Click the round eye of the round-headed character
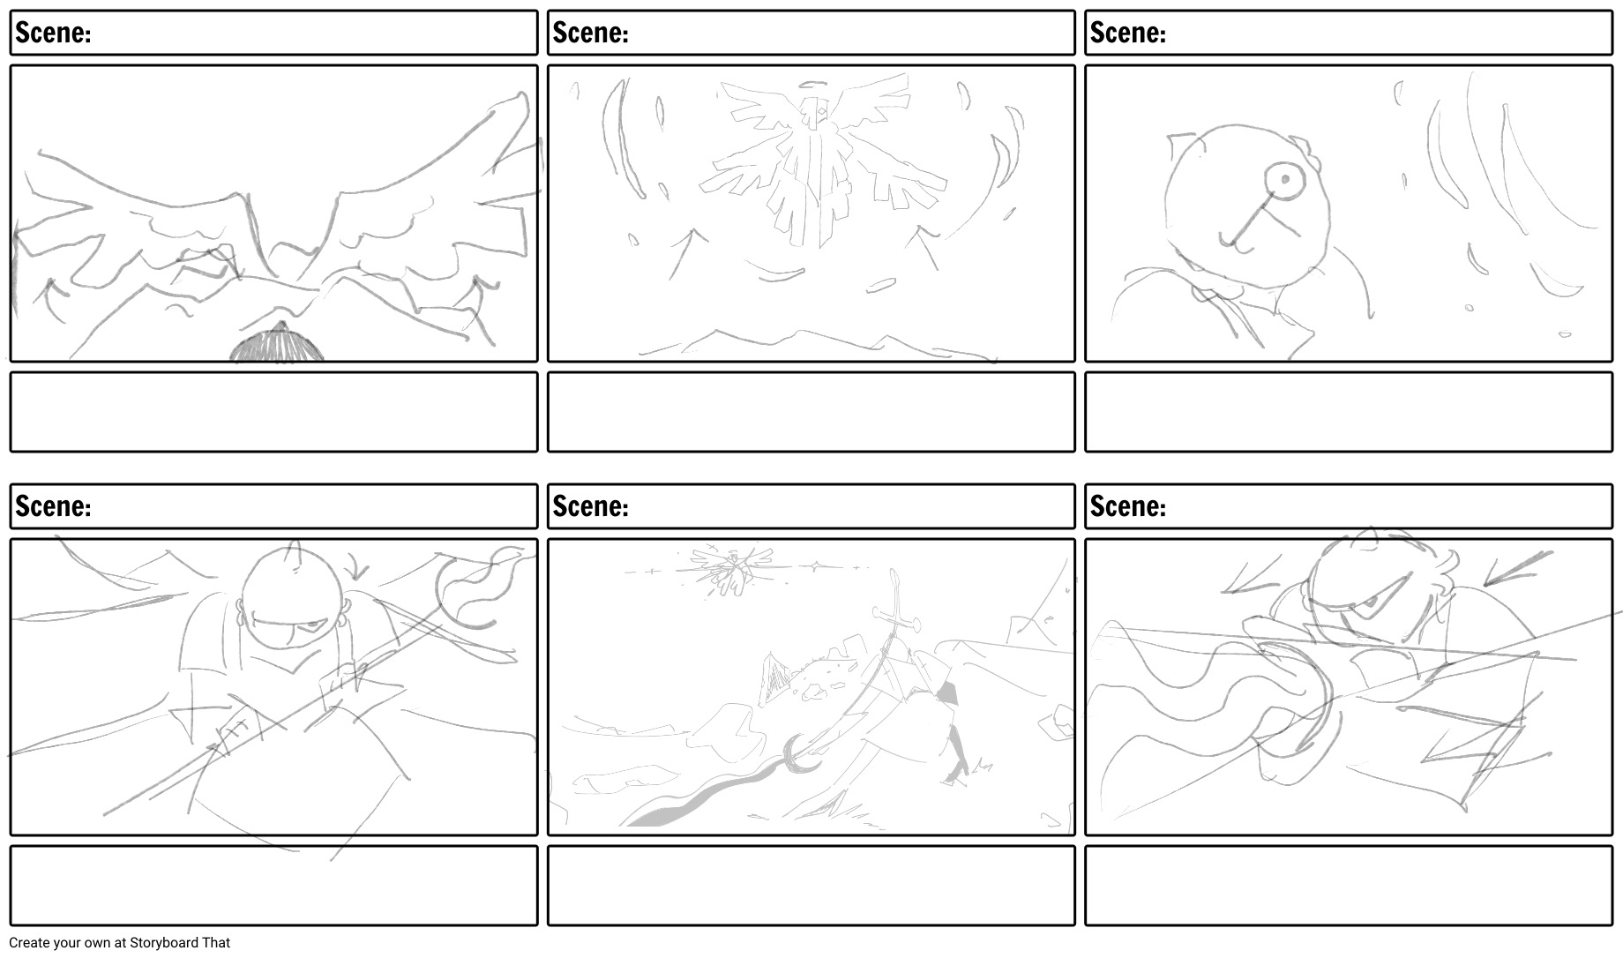coord(1285,181)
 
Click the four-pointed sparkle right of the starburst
coord(815,564)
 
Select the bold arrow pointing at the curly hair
coord(1518,567)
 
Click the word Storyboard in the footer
coord(164,942)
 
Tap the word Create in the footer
coord(30,942)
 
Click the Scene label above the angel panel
coord(590,33)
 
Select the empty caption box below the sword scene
coord(811,886)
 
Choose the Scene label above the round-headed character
coord(1128,33)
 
